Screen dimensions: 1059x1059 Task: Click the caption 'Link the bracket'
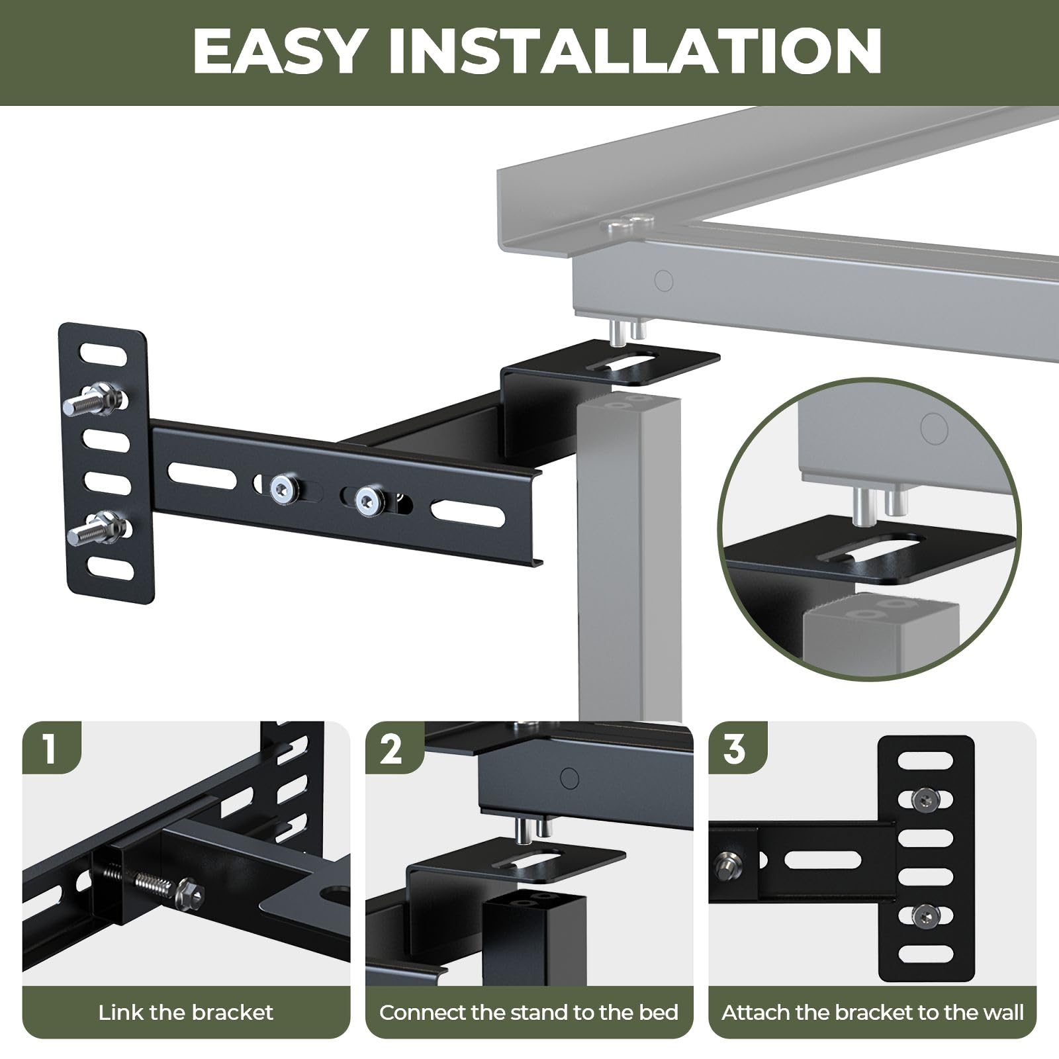[x=186, y=1013]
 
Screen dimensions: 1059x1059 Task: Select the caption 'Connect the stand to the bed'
[x=529, y=1013]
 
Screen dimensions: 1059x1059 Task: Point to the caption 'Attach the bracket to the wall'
[x=872, y=1013]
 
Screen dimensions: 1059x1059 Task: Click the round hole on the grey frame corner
[x=663, y=281]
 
